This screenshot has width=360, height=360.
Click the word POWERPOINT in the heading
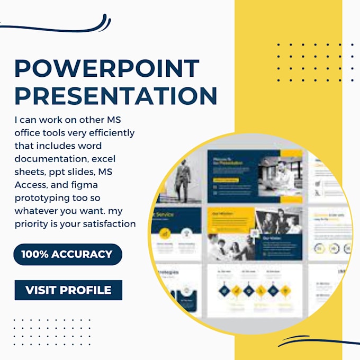tap(107, 69)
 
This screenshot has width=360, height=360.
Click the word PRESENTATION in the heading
tap(115, 95)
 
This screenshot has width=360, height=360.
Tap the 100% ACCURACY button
tap(67, 254)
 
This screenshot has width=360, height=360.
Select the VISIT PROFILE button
tap(68, 290)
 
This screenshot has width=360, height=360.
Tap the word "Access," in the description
tap(31, 184)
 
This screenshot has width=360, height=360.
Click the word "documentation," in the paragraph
tap(50, 158)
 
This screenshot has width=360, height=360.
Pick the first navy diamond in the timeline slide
tap(224, 290)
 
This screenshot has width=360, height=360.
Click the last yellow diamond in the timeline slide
tap(285, 290)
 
